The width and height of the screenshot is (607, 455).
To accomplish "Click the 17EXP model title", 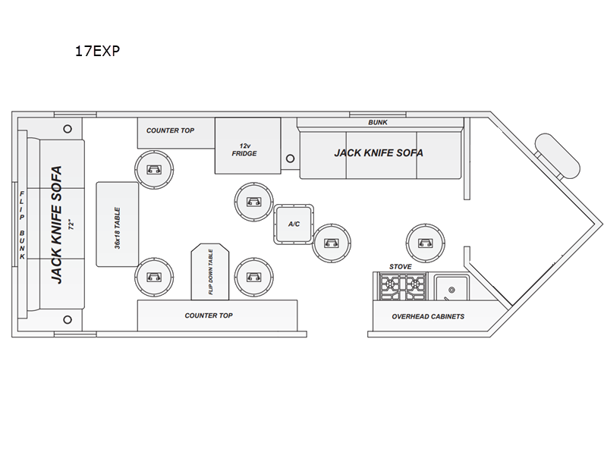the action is [x=97, y=51].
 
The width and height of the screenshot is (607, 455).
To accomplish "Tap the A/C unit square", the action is [x=294, y=224].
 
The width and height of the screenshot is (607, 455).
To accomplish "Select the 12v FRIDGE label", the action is [x=244, y=149].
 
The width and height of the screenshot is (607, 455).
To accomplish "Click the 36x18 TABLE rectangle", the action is [x=118, y=224].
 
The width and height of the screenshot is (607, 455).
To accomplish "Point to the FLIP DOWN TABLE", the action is [x=210, y=271].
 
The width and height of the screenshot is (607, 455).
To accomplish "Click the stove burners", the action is [x=403, y=287].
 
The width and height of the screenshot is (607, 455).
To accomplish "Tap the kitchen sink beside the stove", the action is [x=451, y=287].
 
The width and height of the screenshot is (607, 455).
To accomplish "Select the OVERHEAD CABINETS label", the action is [x=428, y=316].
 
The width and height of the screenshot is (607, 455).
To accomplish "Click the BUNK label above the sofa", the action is [x=378, y=122].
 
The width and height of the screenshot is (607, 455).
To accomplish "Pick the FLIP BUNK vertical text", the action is [x=23, y=225].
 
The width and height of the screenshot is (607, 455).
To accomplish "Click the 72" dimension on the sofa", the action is [x=71, y=225].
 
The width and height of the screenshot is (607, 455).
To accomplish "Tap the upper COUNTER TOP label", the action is [x=170, y=130].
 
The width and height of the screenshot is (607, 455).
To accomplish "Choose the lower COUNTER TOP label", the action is [x=209, y=315].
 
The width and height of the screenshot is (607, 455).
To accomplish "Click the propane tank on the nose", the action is [x=557, y=155].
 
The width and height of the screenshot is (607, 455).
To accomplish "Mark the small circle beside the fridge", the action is [x=290, y=158].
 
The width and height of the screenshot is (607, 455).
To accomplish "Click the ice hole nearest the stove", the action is [x=426, y=243].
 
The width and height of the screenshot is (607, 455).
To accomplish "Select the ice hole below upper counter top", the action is [x=154, y=169].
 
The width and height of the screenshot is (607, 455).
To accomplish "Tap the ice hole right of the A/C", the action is [x=332, y=243].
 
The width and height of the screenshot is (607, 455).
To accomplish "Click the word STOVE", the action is [x=401, y=267].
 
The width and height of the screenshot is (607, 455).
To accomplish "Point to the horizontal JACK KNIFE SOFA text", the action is [x=379, y=153].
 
